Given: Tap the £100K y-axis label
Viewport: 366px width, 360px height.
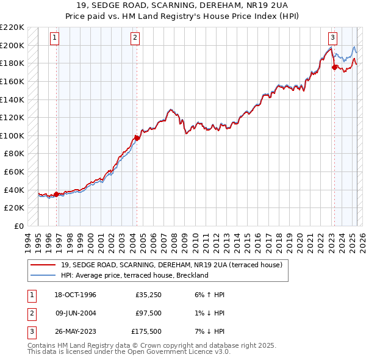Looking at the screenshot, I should (13, 135).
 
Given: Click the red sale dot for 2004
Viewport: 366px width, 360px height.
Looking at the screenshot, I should (137, 138).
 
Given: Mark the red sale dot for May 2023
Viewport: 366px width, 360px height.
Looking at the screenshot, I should (334, 67).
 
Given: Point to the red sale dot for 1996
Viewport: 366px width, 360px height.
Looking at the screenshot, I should (57, 194).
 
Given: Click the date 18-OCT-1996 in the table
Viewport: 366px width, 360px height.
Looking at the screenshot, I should (74, 295).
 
